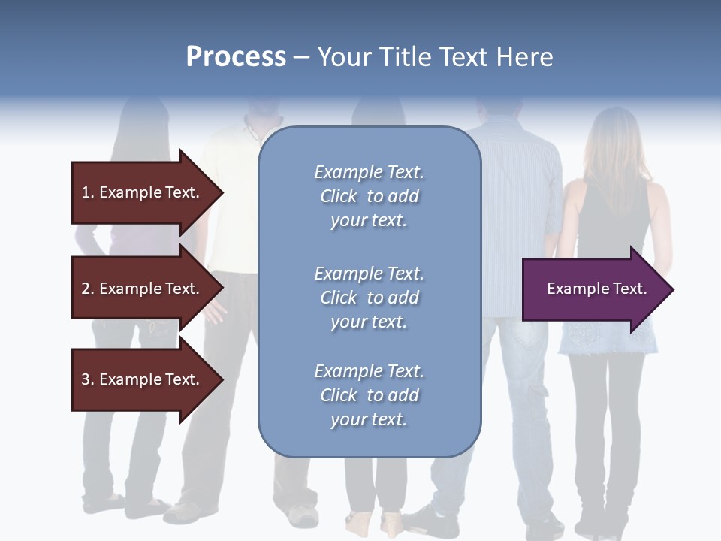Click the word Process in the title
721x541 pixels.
click(236, 56)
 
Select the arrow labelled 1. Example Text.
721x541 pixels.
click(143, 192)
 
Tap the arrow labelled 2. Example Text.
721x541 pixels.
click(143, 289)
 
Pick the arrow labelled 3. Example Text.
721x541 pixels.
click(143, 379)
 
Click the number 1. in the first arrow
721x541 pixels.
click(88, 192)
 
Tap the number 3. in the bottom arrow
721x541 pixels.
click(88, 379)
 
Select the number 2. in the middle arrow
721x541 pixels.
click(88, 289)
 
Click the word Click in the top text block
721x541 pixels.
click(339, 196)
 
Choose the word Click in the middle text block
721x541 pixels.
click(339, 298)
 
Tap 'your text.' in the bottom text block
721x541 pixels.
click(369, 419)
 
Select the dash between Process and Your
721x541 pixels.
click(301, 57)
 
